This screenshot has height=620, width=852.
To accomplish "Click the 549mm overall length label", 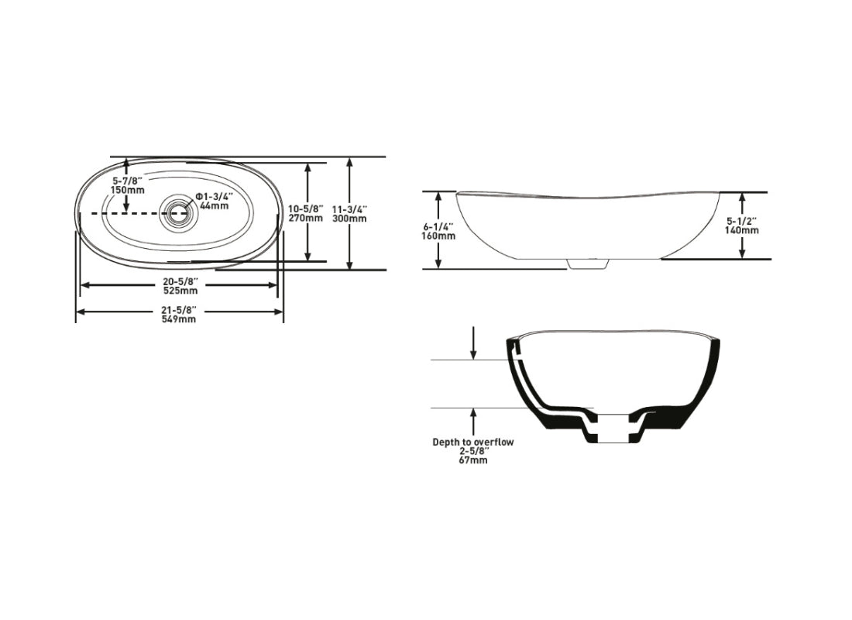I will coord(179,320).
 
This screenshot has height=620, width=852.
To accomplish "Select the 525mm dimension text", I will coord(179,291).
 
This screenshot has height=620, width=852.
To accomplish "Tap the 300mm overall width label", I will coord(349,219).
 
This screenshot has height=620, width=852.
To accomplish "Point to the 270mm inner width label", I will coord(305,219).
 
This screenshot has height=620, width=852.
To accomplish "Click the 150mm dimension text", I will coord(128,190).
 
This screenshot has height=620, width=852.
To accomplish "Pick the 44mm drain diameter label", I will coord(214,205).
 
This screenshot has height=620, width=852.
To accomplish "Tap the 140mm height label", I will coord(743,230).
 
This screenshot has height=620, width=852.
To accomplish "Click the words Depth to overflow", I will coord(472,442).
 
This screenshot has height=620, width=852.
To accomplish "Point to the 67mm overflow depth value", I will coord(472,460).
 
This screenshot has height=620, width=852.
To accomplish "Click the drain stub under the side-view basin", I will coord(586,264).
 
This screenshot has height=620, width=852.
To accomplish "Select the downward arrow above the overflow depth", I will coord(473,343).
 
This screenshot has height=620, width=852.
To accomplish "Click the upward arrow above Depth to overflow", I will coord(473,422).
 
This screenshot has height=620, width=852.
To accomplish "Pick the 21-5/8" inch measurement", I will coord(179,311).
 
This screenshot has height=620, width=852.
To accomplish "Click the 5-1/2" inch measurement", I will coord(743,221).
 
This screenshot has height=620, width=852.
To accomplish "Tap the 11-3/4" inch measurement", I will coord(349,209).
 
